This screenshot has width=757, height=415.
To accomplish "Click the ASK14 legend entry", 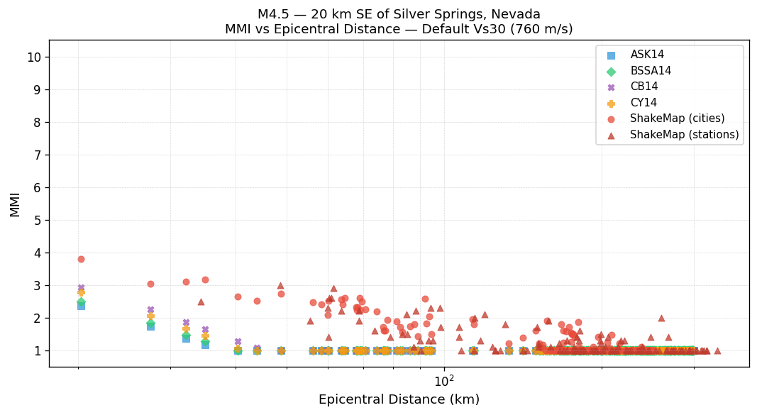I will click(x=647, y=55).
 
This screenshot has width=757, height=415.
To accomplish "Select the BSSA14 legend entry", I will click(x=651, y=71).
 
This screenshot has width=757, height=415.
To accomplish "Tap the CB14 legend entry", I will click(x=643, y=87).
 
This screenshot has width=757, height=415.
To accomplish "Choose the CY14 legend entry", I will click(x=643, y=103).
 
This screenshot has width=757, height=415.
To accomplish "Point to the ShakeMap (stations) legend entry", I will click(x=684, y=135).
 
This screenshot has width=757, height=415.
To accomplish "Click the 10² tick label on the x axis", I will click(x=444, y=381).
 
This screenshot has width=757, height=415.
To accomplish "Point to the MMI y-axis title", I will click(x=15, y=204).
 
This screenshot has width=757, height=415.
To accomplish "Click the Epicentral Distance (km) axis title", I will click(x=399, y=399).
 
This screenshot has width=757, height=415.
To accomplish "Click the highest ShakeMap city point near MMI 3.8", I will click(x=81, y=259).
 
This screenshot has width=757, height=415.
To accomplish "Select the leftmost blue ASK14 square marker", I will click(x=81, y=306).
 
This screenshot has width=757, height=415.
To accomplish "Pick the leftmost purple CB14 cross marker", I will click(x=81, y=288).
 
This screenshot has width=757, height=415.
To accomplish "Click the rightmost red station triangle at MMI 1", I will click(x=717, y=350).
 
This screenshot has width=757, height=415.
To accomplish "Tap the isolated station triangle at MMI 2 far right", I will click(x=661, y=318).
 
